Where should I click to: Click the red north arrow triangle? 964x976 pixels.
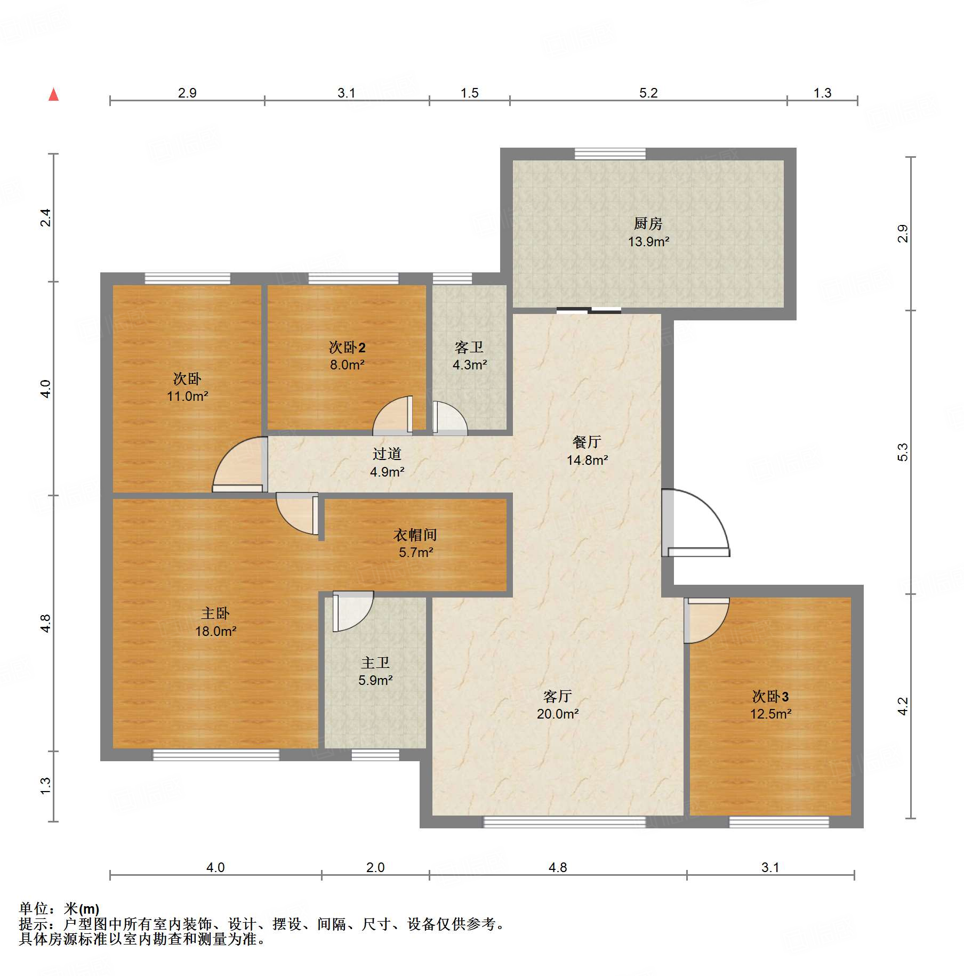(53, 94)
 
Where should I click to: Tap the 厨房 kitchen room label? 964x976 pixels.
(648, 223)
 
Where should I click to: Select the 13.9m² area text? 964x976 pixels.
(648, 241)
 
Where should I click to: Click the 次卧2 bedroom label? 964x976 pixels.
(347, 348)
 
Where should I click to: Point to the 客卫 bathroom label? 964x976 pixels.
(469, 348)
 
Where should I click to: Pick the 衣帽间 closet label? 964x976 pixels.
(415, 535)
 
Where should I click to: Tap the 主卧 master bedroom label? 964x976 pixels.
(215, 613)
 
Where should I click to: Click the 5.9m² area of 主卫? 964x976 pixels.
(375, 680)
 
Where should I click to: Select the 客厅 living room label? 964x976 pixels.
(558, 696)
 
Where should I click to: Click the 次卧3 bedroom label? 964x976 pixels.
(770, 696)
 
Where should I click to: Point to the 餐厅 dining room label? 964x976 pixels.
(587, 442)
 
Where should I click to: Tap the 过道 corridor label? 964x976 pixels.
(387, 454)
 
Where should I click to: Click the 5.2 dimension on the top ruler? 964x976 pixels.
(648, 93)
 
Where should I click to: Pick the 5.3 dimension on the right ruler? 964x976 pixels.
(902, 452)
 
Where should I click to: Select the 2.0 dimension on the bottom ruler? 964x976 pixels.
(375, 867)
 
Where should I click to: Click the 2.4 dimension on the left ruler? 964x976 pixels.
(46, 217)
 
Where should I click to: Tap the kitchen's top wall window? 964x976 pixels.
(610, 154)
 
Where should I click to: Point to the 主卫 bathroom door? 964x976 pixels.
(352, 611)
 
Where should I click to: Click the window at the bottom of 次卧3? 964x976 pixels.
(779, 822)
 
